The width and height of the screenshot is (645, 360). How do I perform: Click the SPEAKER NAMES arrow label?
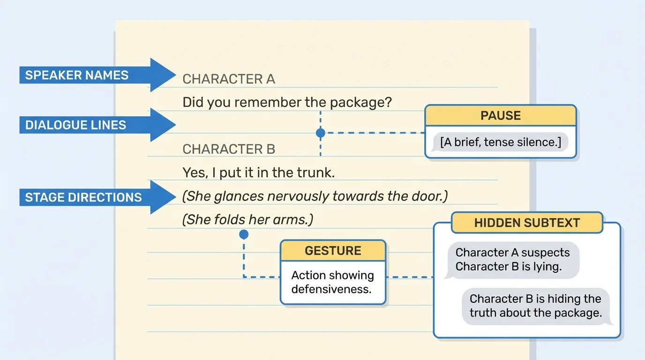click(x=77, y=75)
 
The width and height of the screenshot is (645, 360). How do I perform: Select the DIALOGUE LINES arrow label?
click(x=75, y=125)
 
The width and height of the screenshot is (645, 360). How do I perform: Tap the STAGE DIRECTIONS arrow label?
click(x=83, y=197)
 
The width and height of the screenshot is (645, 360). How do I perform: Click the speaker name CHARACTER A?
click(x=228, y=79)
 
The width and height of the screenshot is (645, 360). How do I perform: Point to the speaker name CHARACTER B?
click(x=228, y=149)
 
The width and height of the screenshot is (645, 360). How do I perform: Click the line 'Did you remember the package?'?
click(x=287, y=102)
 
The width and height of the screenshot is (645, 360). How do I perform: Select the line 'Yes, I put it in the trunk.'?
click(x=259, y=172)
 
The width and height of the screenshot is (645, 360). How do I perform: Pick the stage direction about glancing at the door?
click(x=315, y=196)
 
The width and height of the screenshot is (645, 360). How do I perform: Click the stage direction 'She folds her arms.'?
click(x=247, y=219)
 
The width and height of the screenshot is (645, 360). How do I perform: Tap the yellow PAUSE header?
click(x=500, y=116)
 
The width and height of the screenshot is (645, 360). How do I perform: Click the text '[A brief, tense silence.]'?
click(x=500, y=142)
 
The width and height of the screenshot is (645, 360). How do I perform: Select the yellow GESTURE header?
click(x=333, y=251)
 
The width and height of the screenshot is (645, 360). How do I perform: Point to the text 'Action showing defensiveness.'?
click(x=333, y=282)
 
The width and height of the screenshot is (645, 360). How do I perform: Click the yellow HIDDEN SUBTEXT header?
click(x=527, y=223)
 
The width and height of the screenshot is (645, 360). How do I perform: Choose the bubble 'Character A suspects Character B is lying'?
click(x=512, y=260)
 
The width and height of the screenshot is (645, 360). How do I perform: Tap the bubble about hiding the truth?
click(x=535, y=306)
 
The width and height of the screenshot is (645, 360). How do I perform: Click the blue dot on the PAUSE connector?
click(x=321, y=133)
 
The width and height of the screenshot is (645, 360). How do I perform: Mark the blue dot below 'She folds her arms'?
click(x=244, y=234)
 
